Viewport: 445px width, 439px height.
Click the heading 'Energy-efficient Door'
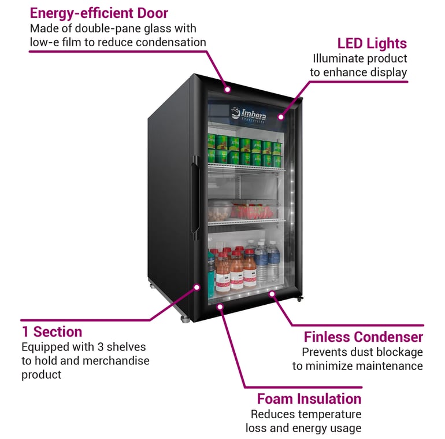[x=98, y=12]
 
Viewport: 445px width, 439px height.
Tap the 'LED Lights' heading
[x=372, y=43]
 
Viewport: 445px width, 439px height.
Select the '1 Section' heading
[x=52, y=332]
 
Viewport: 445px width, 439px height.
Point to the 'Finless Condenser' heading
[x=364, y=337]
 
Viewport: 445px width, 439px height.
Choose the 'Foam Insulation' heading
[x=309, y=399]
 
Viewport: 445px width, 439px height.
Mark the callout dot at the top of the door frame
[x=228, y=90]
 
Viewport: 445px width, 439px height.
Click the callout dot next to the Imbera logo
[x=281, y=117]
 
